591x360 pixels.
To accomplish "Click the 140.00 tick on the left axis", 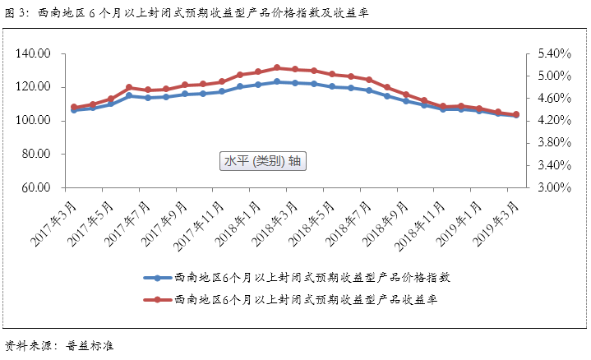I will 33,53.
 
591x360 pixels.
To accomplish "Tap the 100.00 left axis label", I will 33,121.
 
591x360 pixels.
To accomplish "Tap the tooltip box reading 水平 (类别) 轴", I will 263,161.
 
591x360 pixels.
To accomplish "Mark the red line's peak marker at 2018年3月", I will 277,67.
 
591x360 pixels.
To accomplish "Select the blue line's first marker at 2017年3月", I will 74,109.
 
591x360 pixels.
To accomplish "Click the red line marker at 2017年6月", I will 129,87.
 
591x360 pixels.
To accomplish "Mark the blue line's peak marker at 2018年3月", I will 277,81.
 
